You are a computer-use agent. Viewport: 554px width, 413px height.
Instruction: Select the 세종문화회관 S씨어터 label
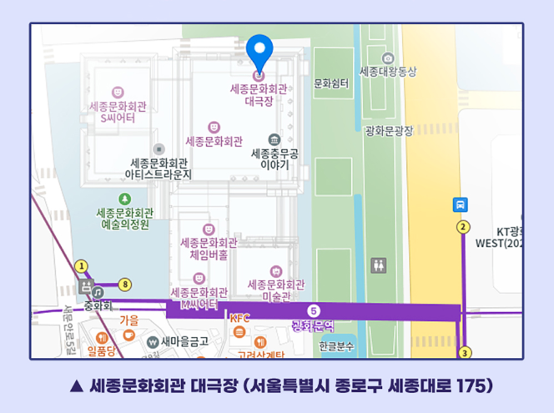coord(118,113)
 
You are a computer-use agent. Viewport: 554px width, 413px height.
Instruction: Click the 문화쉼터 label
coord(330,83)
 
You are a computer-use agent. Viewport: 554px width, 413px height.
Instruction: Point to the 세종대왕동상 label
coord(387,72)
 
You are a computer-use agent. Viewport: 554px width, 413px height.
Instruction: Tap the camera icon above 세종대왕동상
coord(387,58)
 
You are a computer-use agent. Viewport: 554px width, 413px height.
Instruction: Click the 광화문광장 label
coord(389,130)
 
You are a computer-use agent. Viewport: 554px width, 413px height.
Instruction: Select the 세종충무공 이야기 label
coord(274,159)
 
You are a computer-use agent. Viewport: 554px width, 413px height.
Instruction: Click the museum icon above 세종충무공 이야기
coord(274,139)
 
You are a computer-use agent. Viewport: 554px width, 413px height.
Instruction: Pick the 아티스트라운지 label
coord(159,169)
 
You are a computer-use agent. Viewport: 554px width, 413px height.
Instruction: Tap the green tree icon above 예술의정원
coord(125,199)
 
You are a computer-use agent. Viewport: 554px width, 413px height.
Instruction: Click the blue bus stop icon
coord(460,204)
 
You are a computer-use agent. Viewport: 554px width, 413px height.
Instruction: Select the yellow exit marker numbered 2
coord(463,227)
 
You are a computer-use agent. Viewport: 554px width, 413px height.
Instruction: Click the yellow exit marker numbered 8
coord(125,285)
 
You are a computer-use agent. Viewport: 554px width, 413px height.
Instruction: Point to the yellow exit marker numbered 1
coord(81,266)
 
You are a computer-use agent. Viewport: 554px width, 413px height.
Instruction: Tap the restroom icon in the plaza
coord(379,265)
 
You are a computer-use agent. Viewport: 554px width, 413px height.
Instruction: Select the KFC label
coord(239,318)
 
